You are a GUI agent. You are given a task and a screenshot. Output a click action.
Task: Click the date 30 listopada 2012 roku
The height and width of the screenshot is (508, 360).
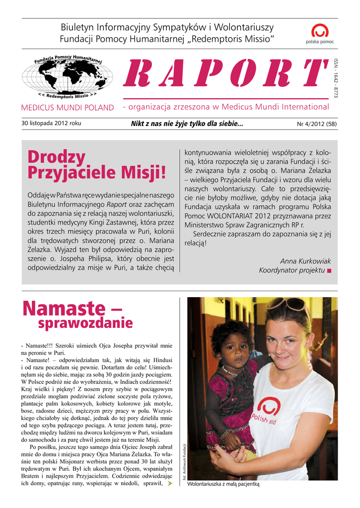pyautogui.click(x=52, y=123)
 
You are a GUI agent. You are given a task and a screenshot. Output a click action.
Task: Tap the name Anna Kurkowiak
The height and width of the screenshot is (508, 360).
pyautogui.click(x=305, y=261)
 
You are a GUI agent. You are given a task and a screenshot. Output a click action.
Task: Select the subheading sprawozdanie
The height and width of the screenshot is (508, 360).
pyautogui.click(x=85, y=323)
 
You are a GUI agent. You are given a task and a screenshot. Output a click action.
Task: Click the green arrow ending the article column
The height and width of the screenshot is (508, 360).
pyautogui.click(x=170, y=483)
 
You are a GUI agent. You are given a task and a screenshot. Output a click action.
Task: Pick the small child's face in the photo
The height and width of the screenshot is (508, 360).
pyautogui.click(x=233, y=348)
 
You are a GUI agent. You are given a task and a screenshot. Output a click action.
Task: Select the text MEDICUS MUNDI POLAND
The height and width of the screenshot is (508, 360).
pyautogui.click(x=68, y=107)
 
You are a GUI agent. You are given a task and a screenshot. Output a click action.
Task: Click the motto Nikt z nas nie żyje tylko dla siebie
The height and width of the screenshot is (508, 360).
pyautogui.click(x=187, y=124)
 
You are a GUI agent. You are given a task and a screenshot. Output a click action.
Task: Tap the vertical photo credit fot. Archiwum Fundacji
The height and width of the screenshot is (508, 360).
pyautogui.click(x=184, y=461)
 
